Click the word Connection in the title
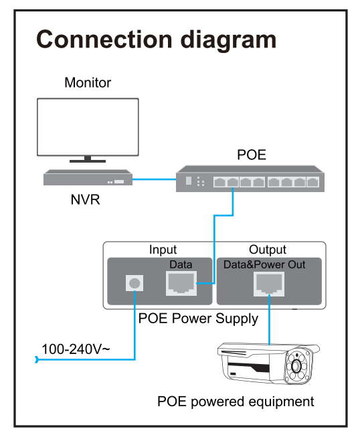point(104,39)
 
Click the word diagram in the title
point(228,41)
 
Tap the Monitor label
point(88,83)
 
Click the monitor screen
point(88,126)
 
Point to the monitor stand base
point(88,161)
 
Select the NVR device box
point(88,177)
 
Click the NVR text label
point(85,199)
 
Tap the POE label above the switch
point(252,155)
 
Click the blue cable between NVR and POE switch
point(154,179)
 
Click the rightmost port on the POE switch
point(312,182)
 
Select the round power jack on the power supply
point(134,283)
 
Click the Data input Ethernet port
point(181,283)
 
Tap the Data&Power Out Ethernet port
point(269,284)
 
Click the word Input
point(163,250)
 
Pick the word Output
point(268,250)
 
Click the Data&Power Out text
point(264,264)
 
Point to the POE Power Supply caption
point(198,319)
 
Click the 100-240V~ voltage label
point(76,349)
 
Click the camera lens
point(296,367)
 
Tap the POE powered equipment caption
point(236,402)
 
